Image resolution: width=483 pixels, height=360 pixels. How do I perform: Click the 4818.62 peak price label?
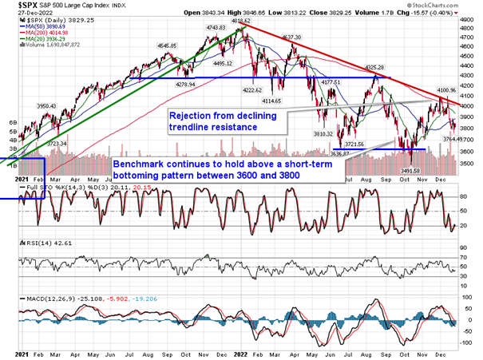pyautogui.click(x=242, y=23)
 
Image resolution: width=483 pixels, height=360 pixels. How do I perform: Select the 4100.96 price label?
pyautogui.click(x=443, y=91)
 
